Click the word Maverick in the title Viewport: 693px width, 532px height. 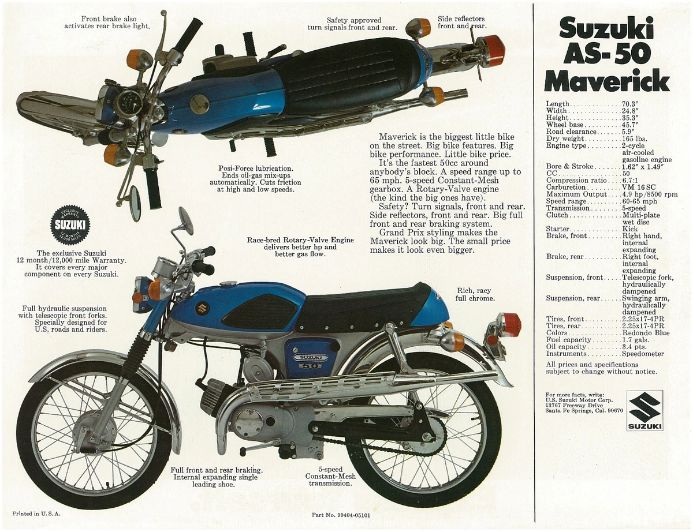tap(606, 81)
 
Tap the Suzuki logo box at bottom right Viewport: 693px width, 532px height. tap(644, 410)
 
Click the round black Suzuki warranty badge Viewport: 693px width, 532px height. tap(70, 225)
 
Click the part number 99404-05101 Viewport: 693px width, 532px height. tap(341, 515)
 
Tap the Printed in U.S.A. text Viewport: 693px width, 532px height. tap(36, 513)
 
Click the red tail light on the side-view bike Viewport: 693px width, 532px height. tap(509, 324)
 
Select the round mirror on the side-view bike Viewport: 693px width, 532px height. tap(185, 220)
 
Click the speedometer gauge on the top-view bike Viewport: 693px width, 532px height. tap(128, 104)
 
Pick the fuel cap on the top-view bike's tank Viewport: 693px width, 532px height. tap(200, 104)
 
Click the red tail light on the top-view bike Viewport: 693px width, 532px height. tap(491, 51)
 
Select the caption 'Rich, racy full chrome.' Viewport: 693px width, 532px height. tap(475, 294)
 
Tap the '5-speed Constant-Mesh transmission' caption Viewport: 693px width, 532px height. tap(330, 477)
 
